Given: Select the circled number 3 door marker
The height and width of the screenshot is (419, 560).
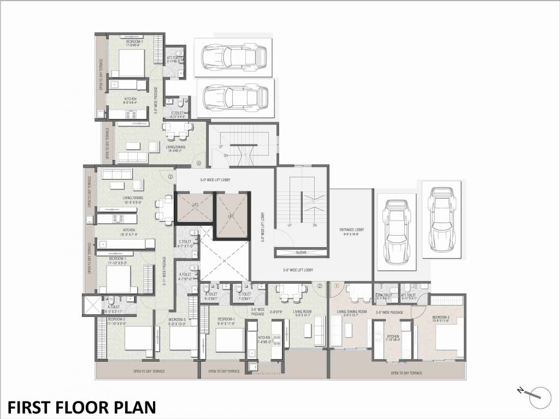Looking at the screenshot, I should click(170, 176).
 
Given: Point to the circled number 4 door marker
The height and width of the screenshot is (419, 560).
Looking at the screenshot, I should click(199, 163).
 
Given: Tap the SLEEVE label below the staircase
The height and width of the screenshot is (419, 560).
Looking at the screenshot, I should click(302, 253).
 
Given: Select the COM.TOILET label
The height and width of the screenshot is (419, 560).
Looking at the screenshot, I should click(385, 295).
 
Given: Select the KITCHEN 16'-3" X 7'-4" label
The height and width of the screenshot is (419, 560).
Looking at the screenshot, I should click(129, 232).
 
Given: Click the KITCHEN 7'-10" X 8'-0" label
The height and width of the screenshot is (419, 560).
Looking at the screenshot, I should click(393, 337).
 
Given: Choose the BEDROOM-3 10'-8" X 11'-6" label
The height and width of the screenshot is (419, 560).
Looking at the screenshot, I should click(441, 319).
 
